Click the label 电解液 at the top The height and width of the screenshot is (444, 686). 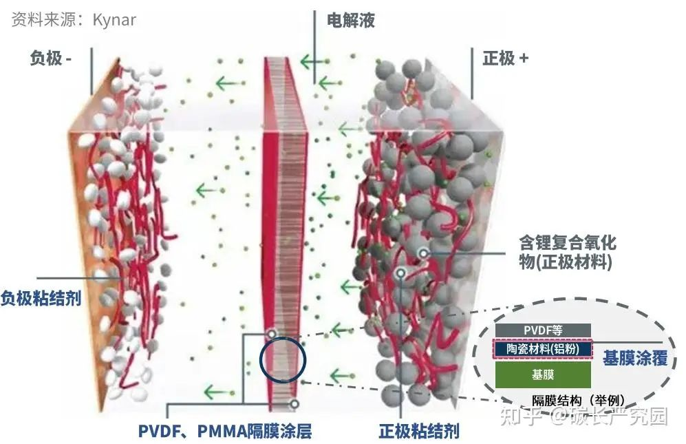click(x=350, y=21)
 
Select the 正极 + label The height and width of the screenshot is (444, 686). click(x=505, y=58)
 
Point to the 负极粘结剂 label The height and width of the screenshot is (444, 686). click(x=41, y=298)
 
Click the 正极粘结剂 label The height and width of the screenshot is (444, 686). click(x=418, y=432)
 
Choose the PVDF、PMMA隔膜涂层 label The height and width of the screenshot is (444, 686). click(x=225, y=432)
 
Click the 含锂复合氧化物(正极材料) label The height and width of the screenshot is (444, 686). click(x=567, y=252)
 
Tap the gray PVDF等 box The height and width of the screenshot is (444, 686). click(x=543, y=330)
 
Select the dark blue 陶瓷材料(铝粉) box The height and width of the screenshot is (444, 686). click(x=543, y=350)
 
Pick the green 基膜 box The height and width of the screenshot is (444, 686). click(x=543, y=375)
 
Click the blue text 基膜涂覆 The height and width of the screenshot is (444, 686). click(x=635, y=358)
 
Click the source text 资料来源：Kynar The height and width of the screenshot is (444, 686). click(x=74, y=19)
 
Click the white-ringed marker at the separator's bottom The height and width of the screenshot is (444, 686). click(x=294, y=404)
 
